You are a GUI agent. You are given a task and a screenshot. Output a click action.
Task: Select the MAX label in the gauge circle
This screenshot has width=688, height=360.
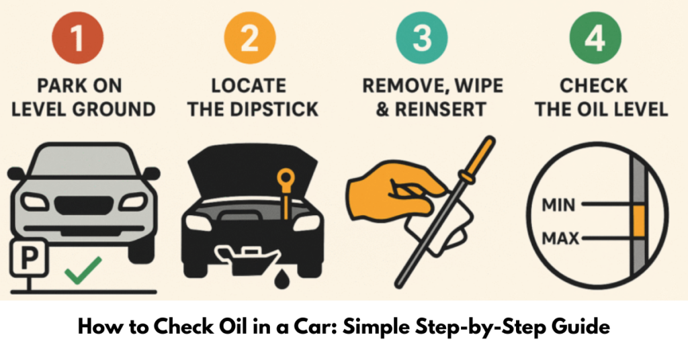coord(560,238)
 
